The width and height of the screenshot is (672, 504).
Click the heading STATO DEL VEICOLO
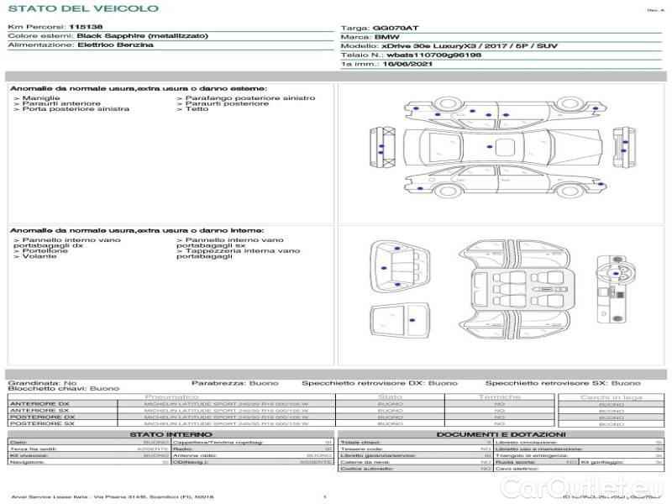[82, 8]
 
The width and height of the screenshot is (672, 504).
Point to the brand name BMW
[386, 38]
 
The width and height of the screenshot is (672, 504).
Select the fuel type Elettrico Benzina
[115, 45]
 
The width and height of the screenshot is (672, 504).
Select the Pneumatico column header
[171, 396]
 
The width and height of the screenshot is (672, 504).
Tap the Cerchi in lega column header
[611, 396]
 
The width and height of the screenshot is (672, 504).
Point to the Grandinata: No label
[42, 383]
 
